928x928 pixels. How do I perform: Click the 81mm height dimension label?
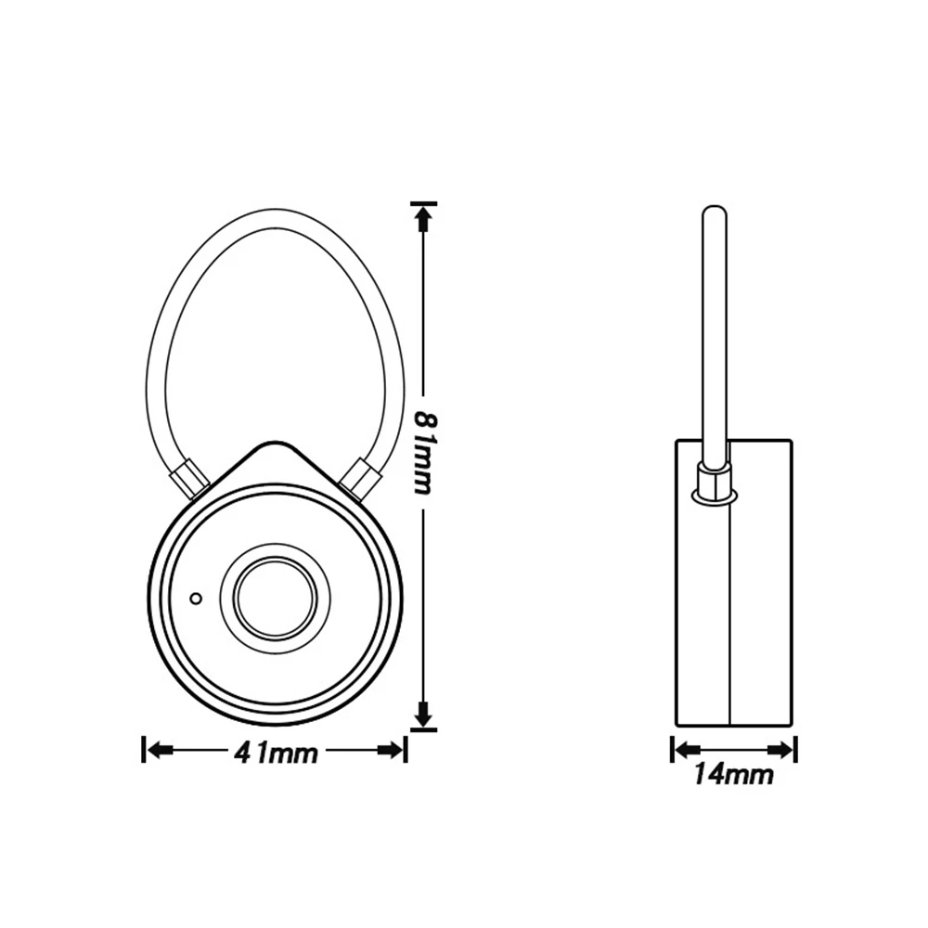click(424, 453)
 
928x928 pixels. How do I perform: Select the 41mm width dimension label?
click(277, 754)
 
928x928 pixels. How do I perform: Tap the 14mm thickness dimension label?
click(734, 774)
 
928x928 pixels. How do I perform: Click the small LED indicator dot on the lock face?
click(196, 599)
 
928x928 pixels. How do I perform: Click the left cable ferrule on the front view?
click(189, 478)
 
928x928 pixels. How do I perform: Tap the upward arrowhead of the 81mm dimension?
click(422, 222)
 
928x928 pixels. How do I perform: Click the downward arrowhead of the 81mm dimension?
click(422, 712)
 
